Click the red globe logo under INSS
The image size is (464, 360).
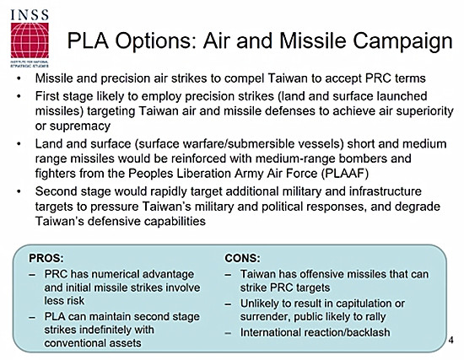point(30,40)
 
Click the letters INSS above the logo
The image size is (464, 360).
point(30,15)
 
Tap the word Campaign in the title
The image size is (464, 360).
point(402,41)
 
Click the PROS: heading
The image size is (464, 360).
point(46,258)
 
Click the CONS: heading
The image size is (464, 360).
point(242,258)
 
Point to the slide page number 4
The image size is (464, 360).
point(451,340)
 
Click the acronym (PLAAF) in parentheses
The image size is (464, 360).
point(345,174)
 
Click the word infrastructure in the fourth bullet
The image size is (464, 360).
point(386,191)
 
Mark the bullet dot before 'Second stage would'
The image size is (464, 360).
point(19,192)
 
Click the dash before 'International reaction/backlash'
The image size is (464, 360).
point(228,333)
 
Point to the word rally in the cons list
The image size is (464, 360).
point(376,317)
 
